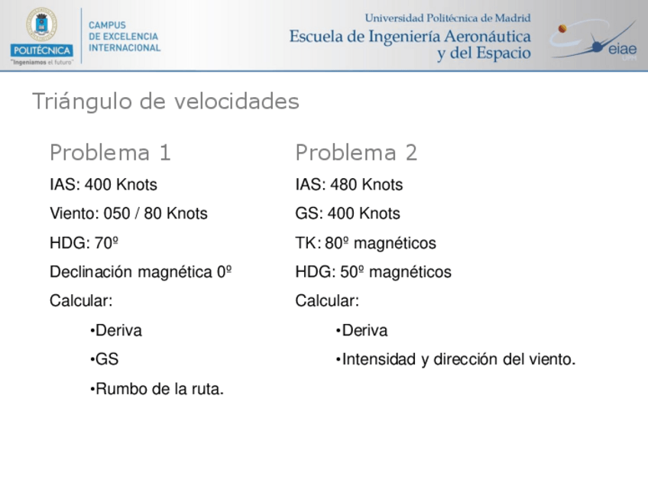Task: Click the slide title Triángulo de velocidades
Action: pyautogui.click(x=165, y=102)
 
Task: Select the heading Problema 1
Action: pyautogui.click(x=110, y=153)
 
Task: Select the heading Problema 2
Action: pyautogui.click(x=356, y=153)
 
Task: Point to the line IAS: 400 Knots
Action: pyautogui.click(x=103, y=185)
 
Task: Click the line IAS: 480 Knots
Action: pyautogui.click(x=348, y=185)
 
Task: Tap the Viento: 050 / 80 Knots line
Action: pyautogui.click(x=128, y=214)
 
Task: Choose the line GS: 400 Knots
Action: pyautogui.click(x=348, y=214)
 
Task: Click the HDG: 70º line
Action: pyautogui.click(x=84, y=243)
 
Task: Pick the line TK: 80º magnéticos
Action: pyautogui.click(x=365, y=243)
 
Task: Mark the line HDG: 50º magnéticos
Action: pyautogui.click(x=373, y=272)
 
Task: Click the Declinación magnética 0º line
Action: pyautogui.click(x=141, y=272)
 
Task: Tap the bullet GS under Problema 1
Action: pyautogui.click(x=105, y=360)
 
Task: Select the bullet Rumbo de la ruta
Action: pyautogui.click(x=157, y=389)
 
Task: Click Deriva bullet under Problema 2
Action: pyautogui.click(x=362, y=331)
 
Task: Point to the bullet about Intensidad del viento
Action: pyautogui.click(x=456, y=360)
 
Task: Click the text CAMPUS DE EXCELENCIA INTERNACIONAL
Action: pyautogui.click(x=125, y=36)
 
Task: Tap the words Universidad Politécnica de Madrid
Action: pyautogui.click(x=448, y=18)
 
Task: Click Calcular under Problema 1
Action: pyautogui.click(x=81, y=301)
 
